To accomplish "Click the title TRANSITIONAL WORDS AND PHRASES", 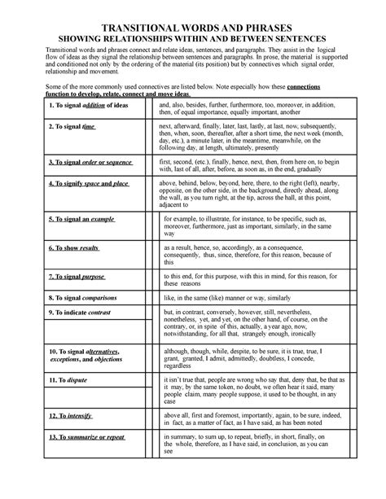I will [x=193, y=24].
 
